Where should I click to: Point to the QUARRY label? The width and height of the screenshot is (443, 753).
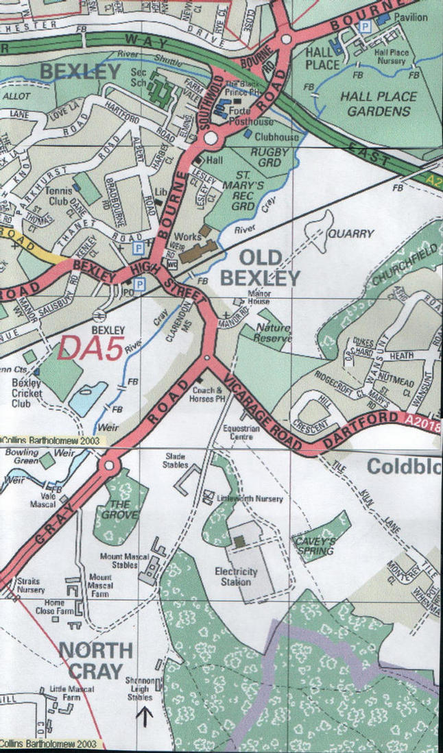(350, 234)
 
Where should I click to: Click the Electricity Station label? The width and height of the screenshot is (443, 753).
(235, 577)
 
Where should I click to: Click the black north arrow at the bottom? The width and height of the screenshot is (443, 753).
(145, 717)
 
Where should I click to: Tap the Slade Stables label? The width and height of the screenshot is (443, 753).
(176, 460)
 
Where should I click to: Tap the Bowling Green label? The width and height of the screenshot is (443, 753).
(21, 458)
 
